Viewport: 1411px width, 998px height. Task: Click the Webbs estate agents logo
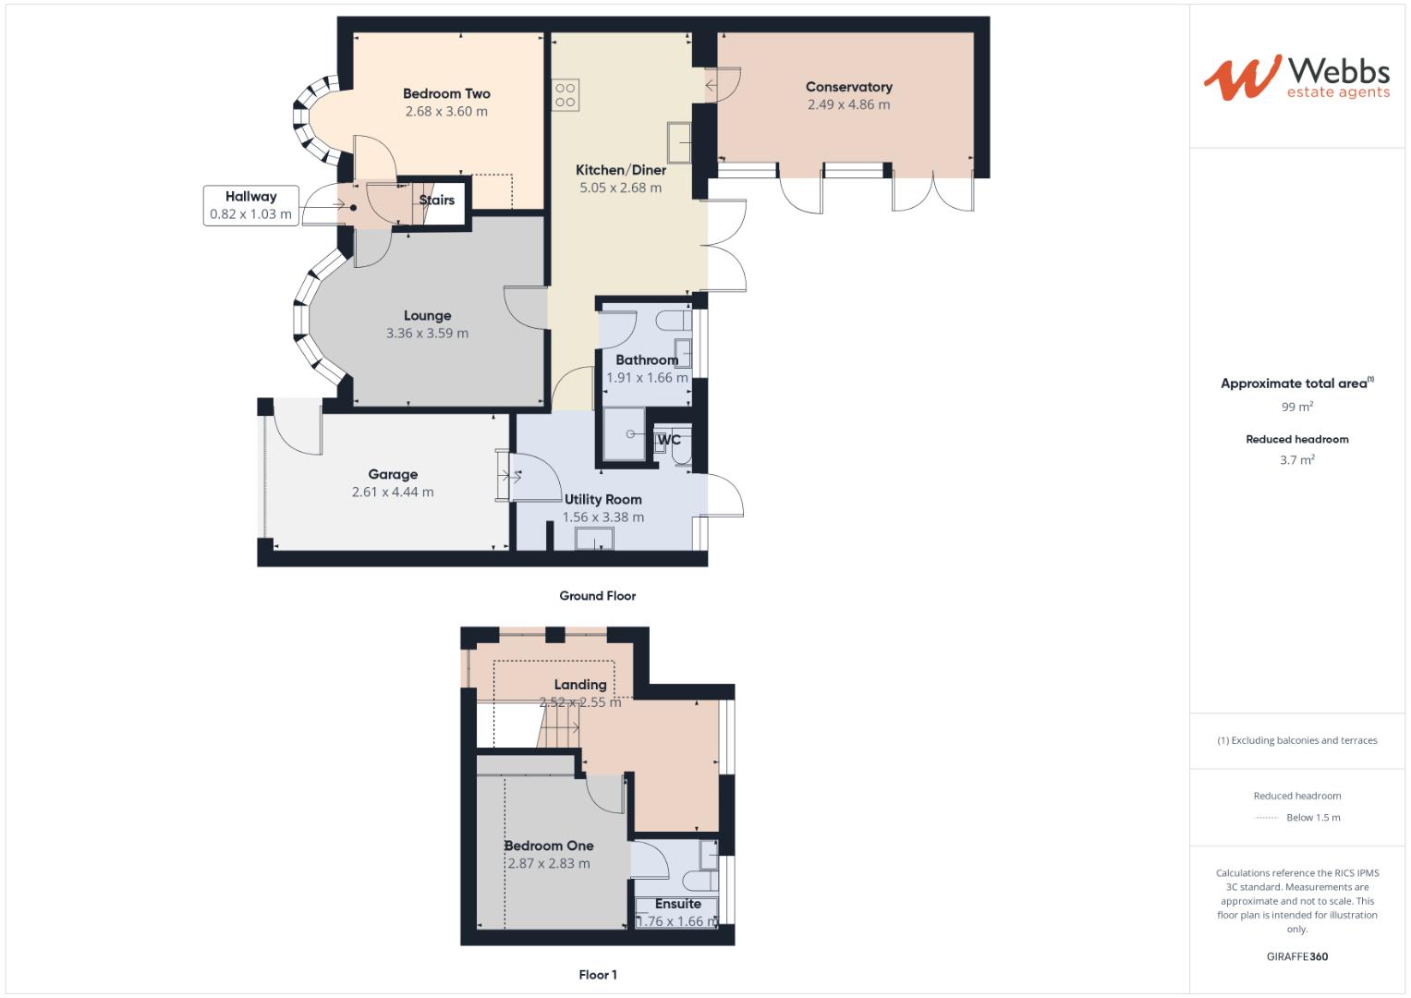tap(1296, 78)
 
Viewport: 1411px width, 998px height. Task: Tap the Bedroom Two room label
tap(446, 93)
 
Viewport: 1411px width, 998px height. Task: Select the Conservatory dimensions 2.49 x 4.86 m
tap(848, 104)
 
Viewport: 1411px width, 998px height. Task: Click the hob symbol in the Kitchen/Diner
tap(566, 95)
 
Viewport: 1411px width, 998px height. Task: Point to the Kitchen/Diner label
tap(620, 170)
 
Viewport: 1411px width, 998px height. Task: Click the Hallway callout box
tap(250, 205)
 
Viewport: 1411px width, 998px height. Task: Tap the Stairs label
tap(437, 200)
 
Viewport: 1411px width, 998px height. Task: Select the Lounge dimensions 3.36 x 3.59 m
tap(427, 333)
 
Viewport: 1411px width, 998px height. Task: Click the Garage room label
tap(393, 474)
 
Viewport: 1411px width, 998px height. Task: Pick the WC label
tap(669, 439)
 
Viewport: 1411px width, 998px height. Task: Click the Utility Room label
tap(602, 499)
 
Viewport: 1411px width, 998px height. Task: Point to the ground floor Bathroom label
tap(647, 359)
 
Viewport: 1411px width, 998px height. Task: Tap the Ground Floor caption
tap(597, 596)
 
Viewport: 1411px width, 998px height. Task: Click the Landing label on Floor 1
tap(580, 685)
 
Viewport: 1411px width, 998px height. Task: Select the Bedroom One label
tap(549, 846)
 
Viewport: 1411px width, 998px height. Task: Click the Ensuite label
tap(678, 904)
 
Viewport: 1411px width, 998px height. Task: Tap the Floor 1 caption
tap(597, 975)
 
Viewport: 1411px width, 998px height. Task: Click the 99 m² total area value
tap(1296, 407)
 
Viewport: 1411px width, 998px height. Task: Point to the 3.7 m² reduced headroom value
tap(1296, 459)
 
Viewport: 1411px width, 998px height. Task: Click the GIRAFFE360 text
tap(1296, 956)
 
